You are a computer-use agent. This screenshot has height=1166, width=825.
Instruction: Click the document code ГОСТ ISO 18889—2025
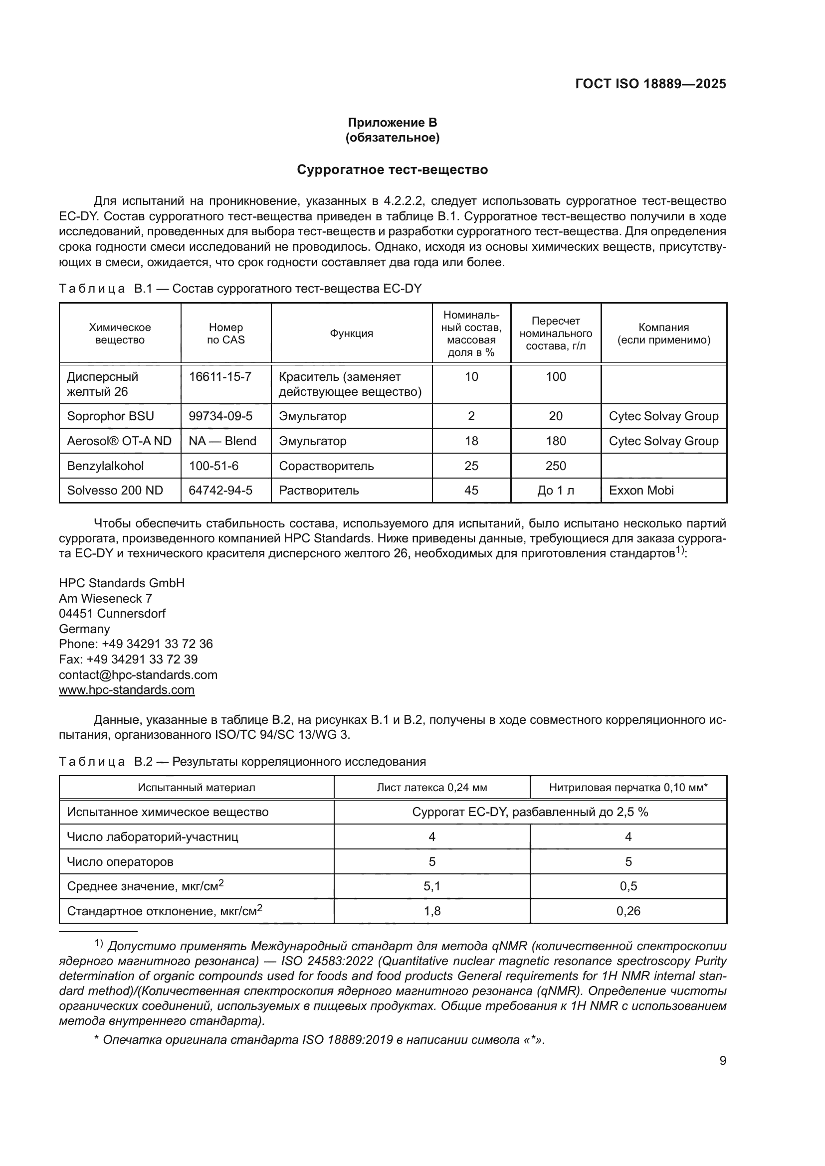click(x=650, y=84)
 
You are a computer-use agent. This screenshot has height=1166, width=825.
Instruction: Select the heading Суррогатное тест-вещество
click(x=392, y=169)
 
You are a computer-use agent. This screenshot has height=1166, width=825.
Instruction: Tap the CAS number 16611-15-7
click(x=220, y=377)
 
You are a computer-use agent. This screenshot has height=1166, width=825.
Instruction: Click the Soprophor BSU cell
click(x=110, y=416)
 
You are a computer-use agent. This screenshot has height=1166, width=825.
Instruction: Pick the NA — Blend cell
click(x=222, y=441)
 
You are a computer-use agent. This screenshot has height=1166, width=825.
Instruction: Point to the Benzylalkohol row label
click(x=105, y=466)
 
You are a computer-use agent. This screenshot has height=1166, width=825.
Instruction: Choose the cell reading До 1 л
click(x=555, y=491)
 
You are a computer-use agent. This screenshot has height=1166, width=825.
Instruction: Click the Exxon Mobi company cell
click(x=641, y=491)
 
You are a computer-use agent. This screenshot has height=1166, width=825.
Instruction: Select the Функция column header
click(x=352, y=333)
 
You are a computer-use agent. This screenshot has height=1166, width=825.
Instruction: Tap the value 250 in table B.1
click(x=555, y=466)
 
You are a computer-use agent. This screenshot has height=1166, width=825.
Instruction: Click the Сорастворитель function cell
click(x=326, y=466)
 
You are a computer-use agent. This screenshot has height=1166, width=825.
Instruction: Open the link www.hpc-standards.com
click(x=127, y=689)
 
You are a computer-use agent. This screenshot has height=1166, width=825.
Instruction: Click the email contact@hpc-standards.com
click(x=138, y=675)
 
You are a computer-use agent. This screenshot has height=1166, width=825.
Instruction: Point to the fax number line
click(x=128, y=660)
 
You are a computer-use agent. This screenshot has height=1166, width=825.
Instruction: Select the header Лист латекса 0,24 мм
click(x=432, y=788)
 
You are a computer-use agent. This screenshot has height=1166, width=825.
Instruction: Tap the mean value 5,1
click(x=432, y=887)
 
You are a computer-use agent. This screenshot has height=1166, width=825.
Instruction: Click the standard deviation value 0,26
click(x=628, y=912)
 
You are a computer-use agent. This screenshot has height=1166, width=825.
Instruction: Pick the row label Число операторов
click(x=120, y=862)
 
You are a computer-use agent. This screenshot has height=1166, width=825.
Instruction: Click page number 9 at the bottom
click(x=722, y=1061)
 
